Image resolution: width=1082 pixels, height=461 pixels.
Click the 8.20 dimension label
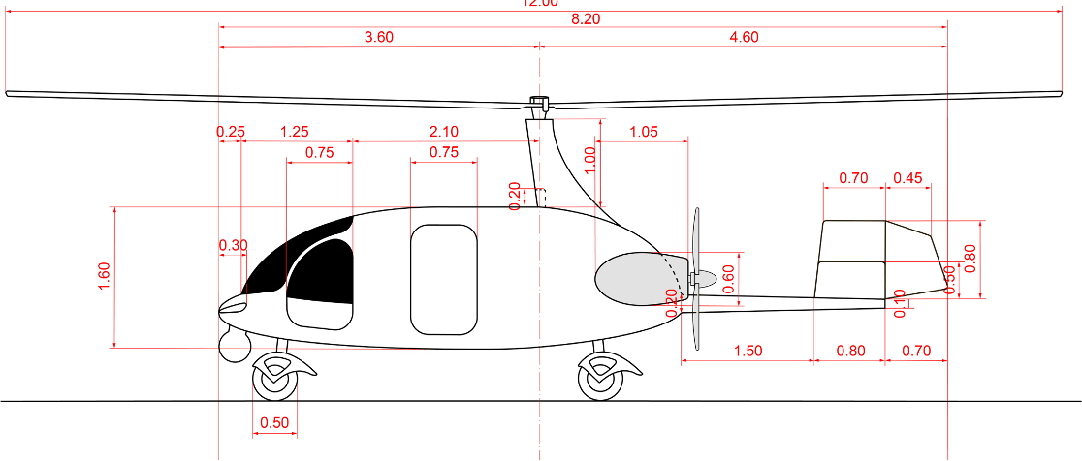pyautogui.click(x=586, y=19)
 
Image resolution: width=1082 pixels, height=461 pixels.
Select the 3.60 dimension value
pyautogui.click(x=379, y=38)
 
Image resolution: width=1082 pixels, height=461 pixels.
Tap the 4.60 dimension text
pyautogui.click(x=744, y=38)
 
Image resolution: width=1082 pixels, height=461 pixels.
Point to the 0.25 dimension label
pyautogui.click(x=231, y=132)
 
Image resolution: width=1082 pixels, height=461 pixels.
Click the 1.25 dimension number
pyautogui.click(x=294, y=132)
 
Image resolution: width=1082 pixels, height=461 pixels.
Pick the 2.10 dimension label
pyautogui.click(x=443, y=132)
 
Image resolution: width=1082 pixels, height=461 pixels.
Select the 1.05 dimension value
pyautogui.click(x=644, y=132)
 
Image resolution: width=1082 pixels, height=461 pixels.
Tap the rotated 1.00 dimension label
pyautogui.click(x=589, y=160)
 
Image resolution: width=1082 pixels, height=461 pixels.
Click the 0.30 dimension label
pyautogui.click(x=233, y=245)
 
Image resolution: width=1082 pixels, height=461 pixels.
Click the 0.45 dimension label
pyautogui.click(x=908, y=178)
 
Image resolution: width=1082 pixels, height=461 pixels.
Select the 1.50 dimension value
pyautogui.click(x=748, y=351)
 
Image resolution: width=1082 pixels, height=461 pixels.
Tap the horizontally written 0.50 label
pyautogui.click(x=274, y=422)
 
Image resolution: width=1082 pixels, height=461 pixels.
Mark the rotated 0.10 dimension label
pyautogui.click(x=900, y=303)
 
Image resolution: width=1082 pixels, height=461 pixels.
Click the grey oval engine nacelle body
pyautogui.click(x=630, y=279)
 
